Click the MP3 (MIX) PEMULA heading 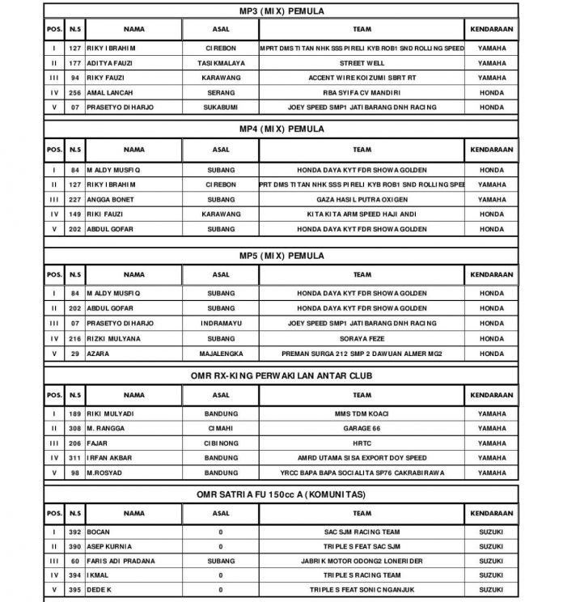[x=281, y=11]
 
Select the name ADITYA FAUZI [x=110, y=63]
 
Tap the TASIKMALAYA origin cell [x=221, y=63]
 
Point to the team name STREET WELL [x=362, y=63]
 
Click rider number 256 [x=74, y=92]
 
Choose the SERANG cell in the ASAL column [x=221, y=92]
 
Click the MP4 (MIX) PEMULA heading [x=281, y=129]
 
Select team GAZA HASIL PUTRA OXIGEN [x=362, y=200]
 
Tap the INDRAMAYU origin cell [x=221, y=323]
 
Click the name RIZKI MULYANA [x=114, y=338]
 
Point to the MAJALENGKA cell [x=221, y=353]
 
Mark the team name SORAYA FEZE [x=362, y=338]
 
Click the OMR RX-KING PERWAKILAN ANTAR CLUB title [x=281, y=375]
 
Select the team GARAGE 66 [x=362, y=428]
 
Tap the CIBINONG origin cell [x=221, y=443]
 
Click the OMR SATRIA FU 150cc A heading [x=281, y=494]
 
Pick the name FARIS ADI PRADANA [x=121, y=561]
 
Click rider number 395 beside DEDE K [x=74, y=590]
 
